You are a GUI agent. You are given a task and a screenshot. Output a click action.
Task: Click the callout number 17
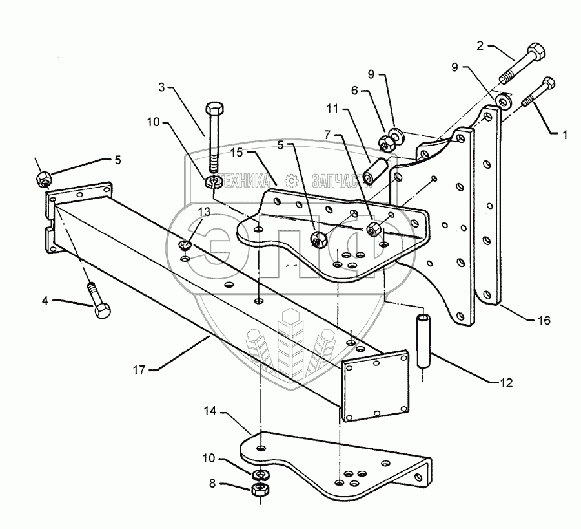pos(139,370)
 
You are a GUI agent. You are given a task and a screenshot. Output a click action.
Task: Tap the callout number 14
pos(210,411)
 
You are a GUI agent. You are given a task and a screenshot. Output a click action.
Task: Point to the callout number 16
pos(544,320)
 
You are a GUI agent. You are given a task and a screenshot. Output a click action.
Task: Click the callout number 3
pos(161,87)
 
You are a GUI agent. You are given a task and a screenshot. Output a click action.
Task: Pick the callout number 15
pos(236,152)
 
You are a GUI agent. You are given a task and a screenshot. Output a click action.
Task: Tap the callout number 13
pos(204,211)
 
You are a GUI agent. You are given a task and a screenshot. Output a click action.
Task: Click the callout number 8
pos(212,484)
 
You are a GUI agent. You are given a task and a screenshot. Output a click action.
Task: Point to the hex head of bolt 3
pos(214,108)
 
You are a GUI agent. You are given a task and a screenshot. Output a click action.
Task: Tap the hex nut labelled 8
pos(260,490)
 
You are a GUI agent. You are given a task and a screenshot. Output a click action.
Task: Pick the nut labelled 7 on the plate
pos(372,230)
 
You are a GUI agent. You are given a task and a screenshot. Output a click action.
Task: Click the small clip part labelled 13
pos(184,244)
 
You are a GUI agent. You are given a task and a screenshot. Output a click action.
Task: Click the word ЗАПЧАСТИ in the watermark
pos(337,180)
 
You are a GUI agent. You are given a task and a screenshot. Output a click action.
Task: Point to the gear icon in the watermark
pos(291,181)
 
